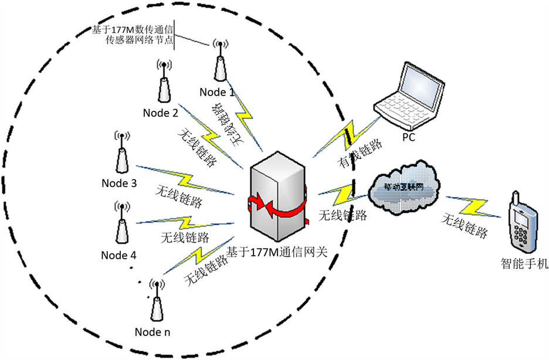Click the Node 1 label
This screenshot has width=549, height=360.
[216, 92]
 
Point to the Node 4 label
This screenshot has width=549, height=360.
[118, 255]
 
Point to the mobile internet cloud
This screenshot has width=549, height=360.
[405, 187]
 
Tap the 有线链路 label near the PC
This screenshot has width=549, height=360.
[358, 155]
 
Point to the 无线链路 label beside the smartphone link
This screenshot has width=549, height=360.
[464, 226]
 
